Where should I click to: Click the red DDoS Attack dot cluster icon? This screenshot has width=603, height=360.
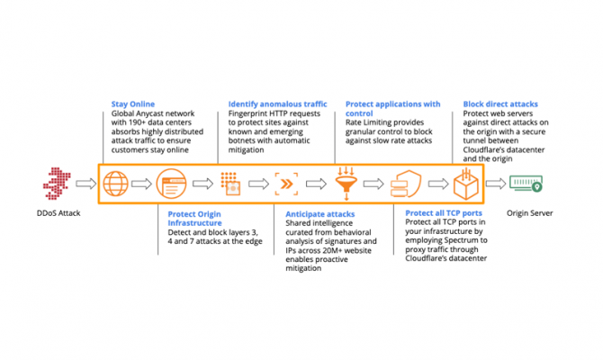tap(57, 184)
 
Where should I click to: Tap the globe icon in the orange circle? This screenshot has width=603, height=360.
tap(115, 184)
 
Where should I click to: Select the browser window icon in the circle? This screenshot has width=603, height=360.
tap(172, 184)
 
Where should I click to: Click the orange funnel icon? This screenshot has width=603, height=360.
tap(346, 182)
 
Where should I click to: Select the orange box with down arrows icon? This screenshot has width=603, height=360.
tap(464, 184)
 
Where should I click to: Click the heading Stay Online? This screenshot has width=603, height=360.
tap(131, 103)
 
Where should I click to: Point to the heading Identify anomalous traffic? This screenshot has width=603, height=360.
tap(276, 103)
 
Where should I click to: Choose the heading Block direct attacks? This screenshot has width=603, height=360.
tap(499, 103)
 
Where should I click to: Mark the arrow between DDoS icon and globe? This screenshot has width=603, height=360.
tap(85, 184)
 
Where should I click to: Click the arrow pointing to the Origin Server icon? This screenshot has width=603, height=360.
tap(496, 184)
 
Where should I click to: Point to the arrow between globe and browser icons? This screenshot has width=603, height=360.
tap(143, 184)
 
